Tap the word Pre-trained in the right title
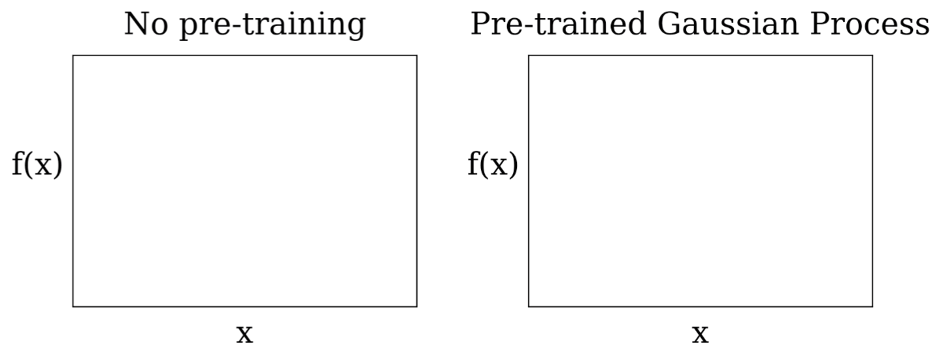(551, 25)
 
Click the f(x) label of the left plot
(37, 167)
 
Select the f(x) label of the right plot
(493, 167)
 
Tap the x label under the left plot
(245, 334)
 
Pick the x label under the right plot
(700, 334)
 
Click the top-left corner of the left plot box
(73, 56)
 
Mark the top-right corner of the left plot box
(416, 56)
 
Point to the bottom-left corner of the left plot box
(73, 306)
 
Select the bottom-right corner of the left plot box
(416, 306)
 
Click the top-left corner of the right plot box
(528, 56)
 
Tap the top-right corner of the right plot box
(872, 56)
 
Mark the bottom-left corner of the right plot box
(528, 306)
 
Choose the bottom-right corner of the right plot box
(872, 306)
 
